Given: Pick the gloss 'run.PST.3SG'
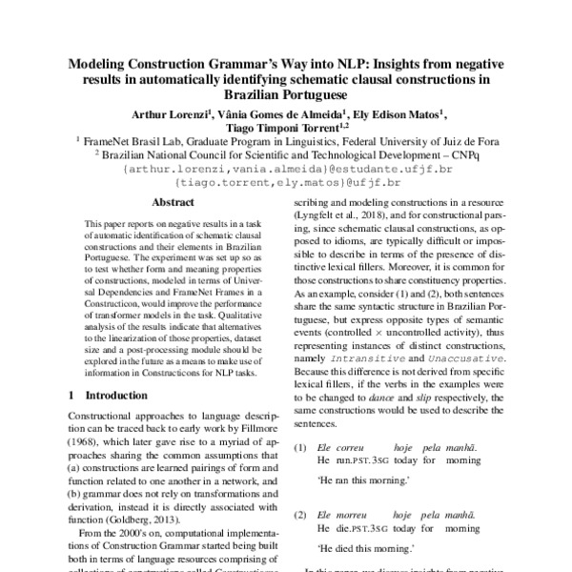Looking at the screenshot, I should [360, 460].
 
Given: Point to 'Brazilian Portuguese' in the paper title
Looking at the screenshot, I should [286, 95].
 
